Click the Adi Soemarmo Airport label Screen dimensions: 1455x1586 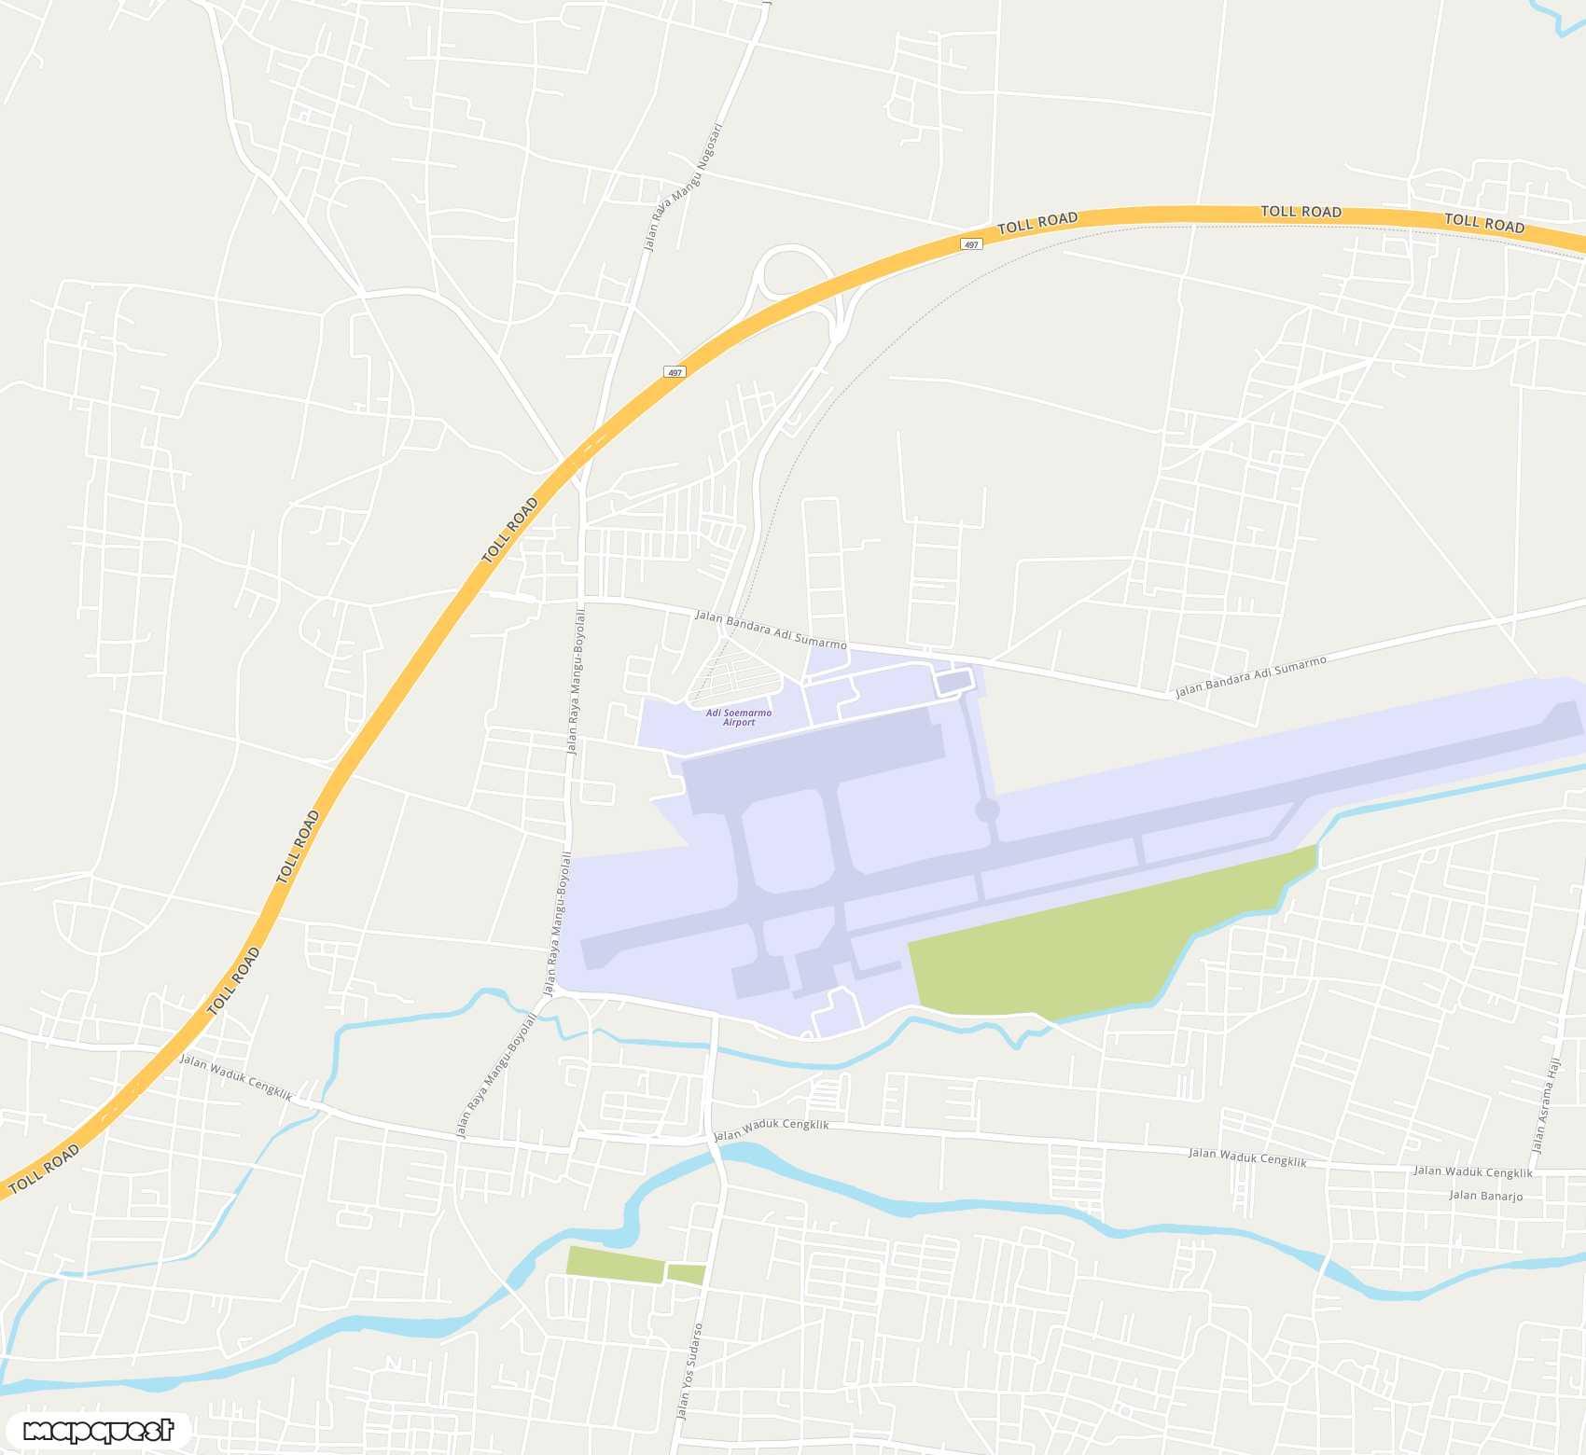[738, 717]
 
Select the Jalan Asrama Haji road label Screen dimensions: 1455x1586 [1545, 1106]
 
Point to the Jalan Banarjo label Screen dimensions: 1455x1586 [1485, 1196]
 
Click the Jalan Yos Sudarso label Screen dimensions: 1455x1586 [689, 1371]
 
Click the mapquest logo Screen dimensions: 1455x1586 [98, 1430]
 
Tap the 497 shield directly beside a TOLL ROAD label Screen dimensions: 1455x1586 [971, 244]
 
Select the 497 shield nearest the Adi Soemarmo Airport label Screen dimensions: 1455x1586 [675, 372]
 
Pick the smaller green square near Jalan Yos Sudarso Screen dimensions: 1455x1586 [686, 1274]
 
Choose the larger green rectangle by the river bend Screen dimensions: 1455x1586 [615, 1264]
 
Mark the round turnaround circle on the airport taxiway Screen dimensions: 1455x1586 [987, 810]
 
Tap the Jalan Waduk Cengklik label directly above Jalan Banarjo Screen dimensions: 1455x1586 [1472, 1171]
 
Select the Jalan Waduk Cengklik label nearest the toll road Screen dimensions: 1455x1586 [236, 1077]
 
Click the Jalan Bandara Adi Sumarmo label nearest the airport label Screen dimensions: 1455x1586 [771, 630]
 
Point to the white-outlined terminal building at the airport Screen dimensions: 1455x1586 [953, 682]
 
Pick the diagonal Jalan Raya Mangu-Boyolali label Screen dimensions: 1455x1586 [495, 1076]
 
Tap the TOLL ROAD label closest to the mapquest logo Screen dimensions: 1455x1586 [44, 1169]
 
